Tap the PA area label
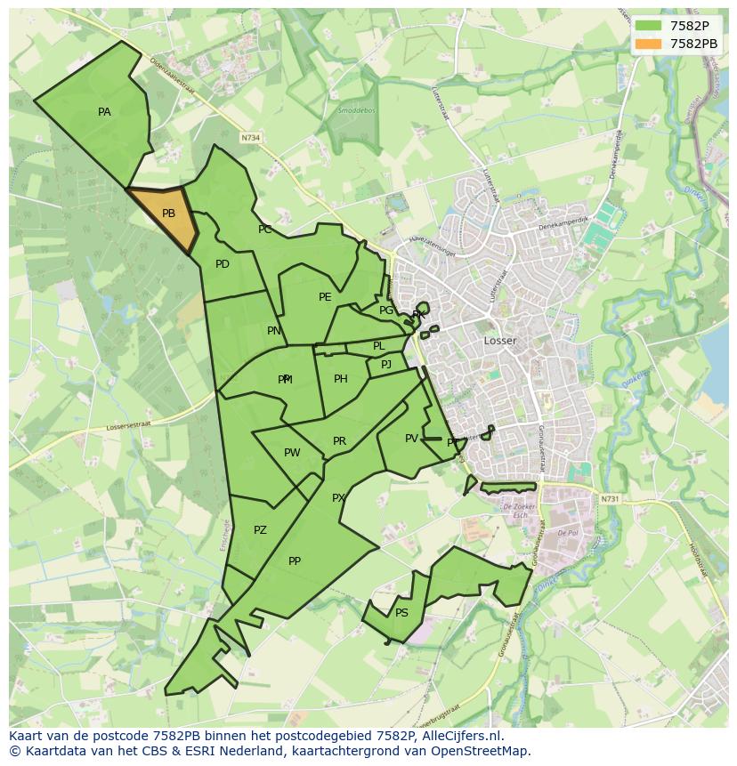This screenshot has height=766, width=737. (x=104, y=112)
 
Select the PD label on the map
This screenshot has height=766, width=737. (x=223, y=264)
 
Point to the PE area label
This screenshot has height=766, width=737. (x=325, y=297)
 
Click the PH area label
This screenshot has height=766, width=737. (x=341, y=379)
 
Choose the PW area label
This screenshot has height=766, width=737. (x=292, y=453)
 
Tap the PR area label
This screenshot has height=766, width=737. (x=339, y=441)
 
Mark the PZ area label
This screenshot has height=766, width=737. (x=260, y=530)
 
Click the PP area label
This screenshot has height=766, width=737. (x=295, y=561)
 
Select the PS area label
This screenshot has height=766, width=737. (x=401, y=613)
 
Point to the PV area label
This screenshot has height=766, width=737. (x=411, y=439)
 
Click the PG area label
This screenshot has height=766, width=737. (x=385, y=310)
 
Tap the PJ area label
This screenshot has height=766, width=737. (x=386, y=365)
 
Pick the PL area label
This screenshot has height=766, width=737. (x=378, y=346)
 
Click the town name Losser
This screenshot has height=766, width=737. (x=500, y=341)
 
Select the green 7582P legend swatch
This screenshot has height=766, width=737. (x=649, y=26)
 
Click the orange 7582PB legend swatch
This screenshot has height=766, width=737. (x=649, y=44)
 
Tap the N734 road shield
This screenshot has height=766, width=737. (x=251, y=138)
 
